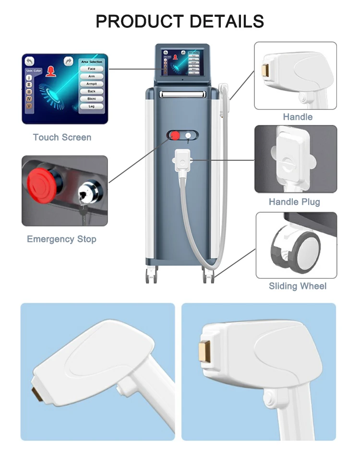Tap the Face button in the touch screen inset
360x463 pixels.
coord(91,69)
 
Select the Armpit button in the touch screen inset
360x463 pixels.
coord(91,83)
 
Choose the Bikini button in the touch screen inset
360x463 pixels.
coord(91,98)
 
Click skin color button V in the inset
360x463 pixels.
coord(30,106)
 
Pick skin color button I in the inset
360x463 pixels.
coord(30,77)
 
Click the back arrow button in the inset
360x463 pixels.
coord(30,61)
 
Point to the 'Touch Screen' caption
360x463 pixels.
coord(62,137)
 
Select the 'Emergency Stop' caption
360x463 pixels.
coord(61,239)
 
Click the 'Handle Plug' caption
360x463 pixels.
coord(294,202)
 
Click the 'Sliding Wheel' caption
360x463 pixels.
coord(298,286)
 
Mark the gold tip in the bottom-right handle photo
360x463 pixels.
coord(204,352)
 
